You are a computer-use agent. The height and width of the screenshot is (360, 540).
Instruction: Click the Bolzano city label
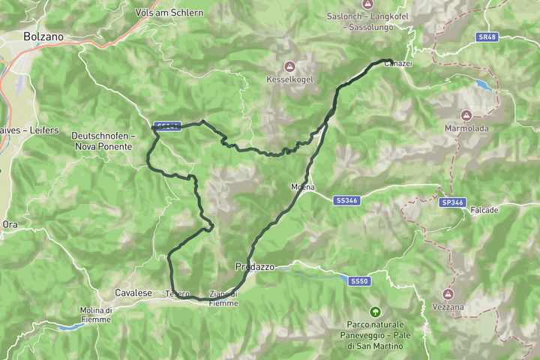(43, 35)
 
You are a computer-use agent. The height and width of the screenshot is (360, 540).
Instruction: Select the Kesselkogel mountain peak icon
(290, 65)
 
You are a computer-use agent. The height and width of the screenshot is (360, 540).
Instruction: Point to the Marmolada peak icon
(466, 115)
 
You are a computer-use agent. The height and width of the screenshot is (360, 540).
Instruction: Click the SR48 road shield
(487, 36)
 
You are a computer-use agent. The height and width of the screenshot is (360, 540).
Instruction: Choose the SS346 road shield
(346, 200)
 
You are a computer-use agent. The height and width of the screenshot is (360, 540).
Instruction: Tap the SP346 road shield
(452, 202)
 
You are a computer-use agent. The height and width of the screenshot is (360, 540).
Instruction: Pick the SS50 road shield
(359, 280)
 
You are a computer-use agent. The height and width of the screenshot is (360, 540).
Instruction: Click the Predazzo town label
(255, 267)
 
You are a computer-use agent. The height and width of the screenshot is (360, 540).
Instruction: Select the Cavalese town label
(133, 292)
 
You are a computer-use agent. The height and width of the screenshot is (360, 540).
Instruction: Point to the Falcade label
(484, 211)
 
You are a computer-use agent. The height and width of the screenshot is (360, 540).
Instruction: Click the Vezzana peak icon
(448, 294)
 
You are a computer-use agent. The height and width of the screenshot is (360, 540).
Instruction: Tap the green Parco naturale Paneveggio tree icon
(374, 310)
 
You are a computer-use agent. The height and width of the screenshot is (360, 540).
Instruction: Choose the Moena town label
(302, 187)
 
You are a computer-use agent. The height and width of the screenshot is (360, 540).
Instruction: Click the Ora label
(10, 224)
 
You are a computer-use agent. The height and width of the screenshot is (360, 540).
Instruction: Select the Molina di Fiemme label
(96, 315)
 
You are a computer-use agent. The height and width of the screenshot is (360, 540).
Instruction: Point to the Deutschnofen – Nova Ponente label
(103, 140)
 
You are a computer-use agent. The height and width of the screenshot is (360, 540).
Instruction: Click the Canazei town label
(397, 64)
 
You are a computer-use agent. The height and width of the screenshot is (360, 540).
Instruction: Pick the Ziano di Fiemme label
(223, 298)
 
